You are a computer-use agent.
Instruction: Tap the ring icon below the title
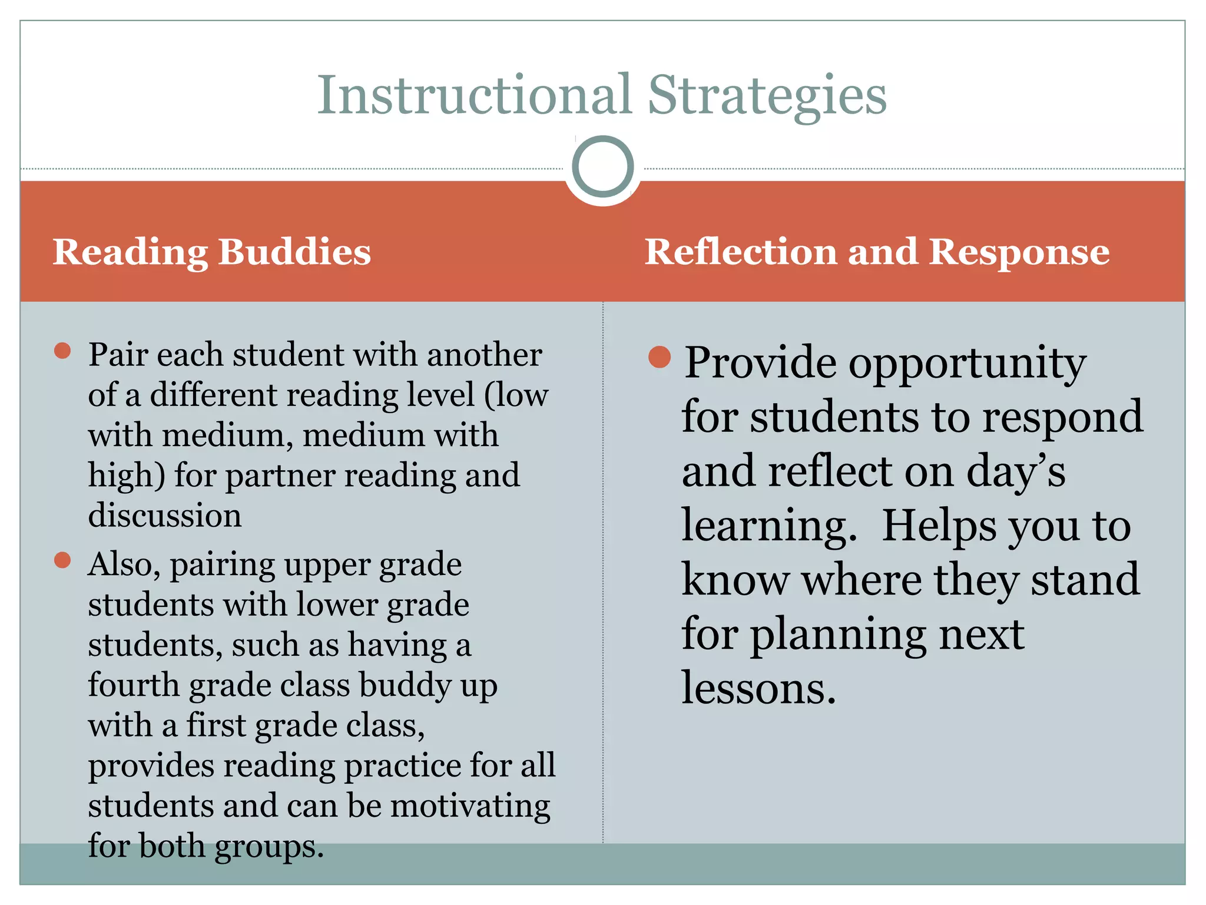[602, 167]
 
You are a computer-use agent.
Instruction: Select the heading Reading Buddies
[212, 252]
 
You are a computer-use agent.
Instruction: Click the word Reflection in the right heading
[740, 252]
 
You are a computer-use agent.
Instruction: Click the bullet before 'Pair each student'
[62, 351]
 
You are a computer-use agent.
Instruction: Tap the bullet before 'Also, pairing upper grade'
[62, 560]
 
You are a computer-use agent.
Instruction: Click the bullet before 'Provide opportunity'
[660, 357]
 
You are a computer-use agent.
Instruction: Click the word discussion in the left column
[165, 515]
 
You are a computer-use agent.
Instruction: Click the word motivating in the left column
[470, 806]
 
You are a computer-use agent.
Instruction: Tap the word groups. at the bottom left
[269, 847]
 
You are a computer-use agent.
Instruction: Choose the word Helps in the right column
[940, 526]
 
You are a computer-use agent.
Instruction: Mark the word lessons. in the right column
[758, 688]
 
